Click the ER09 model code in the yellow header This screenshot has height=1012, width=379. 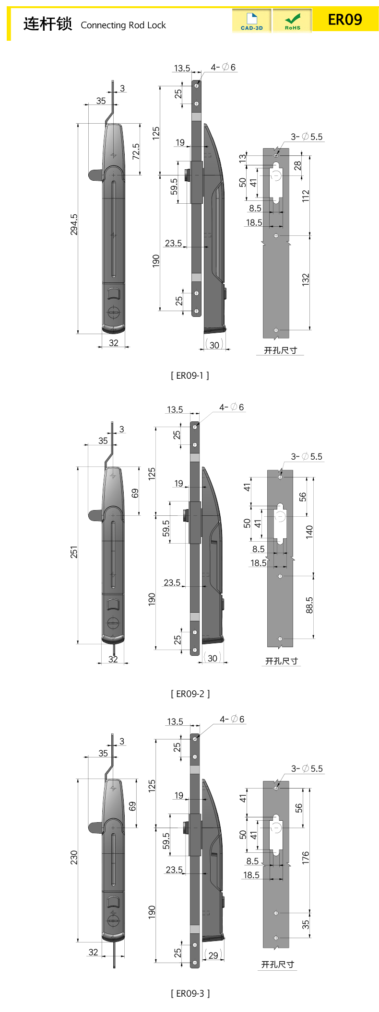[344, 20]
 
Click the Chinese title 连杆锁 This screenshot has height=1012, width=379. [47, 23]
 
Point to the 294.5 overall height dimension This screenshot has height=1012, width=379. [74, 224]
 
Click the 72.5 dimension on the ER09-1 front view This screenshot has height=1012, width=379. [136, 151]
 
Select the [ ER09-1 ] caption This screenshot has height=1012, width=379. [190, 375]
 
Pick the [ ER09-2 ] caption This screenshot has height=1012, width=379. [190, 694]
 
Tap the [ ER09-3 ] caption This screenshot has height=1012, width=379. [190, 993]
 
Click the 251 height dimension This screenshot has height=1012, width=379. [74, 552]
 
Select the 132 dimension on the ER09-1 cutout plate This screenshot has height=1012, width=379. [306, 280]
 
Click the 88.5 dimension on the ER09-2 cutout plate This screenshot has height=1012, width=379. [309, 605]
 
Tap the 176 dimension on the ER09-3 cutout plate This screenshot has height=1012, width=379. [306, 858]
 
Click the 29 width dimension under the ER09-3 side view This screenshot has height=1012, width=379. [213, 955]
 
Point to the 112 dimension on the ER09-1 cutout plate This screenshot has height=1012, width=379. [306, 196]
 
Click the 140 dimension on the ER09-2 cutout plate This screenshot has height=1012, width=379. [309, 531]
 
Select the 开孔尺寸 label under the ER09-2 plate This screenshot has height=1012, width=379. [282, 661]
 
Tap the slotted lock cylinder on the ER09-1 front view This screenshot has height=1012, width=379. [113, 312]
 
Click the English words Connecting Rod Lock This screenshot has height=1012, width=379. [123, 25]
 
